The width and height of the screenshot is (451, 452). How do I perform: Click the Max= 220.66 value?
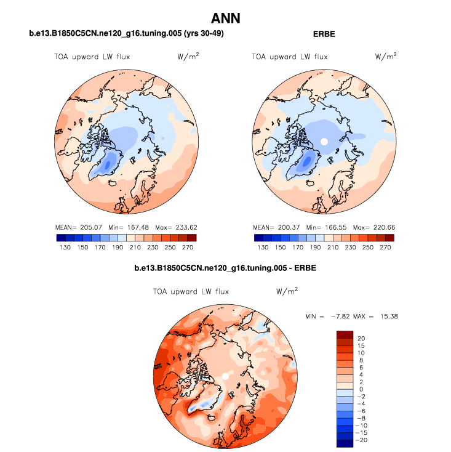tap(373, 227)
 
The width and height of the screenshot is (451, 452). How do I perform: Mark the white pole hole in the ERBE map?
tap(324, 142)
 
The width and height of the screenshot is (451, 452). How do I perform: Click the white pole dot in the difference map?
tap(225, 376)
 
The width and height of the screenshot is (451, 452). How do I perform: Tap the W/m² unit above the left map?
tap(188, 57)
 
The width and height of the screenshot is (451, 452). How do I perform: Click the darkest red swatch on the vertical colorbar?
tap(345, 335)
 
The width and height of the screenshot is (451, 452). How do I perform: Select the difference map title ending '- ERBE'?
tap(225, 268)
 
